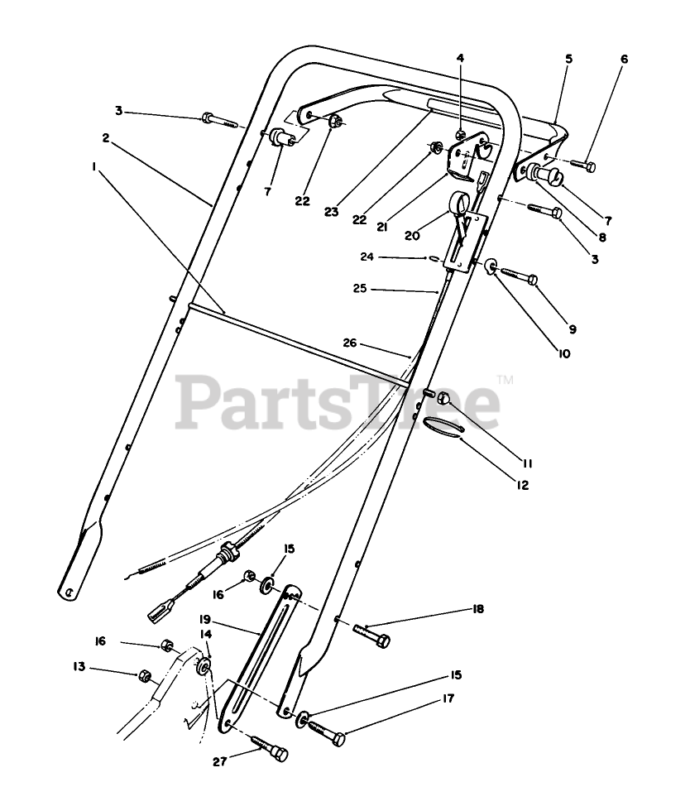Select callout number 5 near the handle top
tap(568, 60)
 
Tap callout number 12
tap(523, 486)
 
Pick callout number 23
tap(332, 212)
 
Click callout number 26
tap(350, 341)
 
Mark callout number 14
tap(206, 633)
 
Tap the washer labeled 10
tap(491, 266)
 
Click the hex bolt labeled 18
tap(373, 637)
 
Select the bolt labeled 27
tap(271, 749)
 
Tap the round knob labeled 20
tap(458, 202)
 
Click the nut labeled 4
tap(461, 135)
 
